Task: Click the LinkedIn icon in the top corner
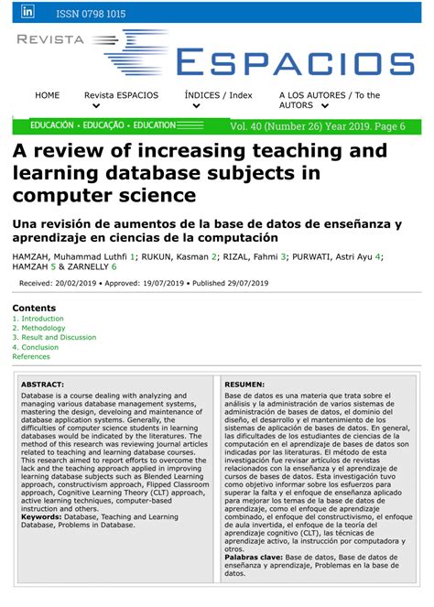click(27, 12)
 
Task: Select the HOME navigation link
click(47, 95)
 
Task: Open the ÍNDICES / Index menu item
click(218, 95)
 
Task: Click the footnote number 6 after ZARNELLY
click(114, 267)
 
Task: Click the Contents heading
click(34, 309)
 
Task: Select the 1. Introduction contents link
click(38, 319)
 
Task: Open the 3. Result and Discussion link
click(54, 338)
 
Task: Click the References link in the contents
click(31, 357)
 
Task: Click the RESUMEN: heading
click(245, 385)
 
